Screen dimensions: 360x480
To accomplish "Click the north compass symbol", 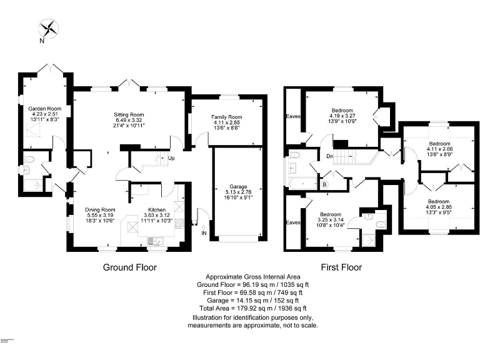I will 48,28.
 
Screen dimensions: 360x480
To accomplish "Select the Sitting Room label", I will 129,114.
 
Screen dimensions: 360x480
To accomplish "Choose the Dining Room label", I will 100,209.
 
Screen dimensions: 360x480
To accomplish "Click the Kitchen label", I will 156,209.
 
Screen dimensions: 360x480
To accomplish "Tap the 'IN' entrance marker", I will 204,233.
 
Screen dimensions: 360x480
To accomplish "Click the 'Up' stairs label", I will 171,158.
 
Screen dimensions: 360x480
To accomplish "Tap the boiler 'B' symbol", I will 324,184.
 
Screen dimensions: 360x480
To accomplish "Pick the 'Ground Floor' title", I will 129,267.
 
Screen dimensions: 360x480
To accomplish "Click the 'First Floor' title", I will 341,267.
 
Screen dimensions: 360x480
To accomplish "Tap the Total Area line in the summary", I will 253,309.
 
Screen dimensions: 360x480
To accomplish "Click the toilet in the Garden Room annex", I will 26,169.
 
